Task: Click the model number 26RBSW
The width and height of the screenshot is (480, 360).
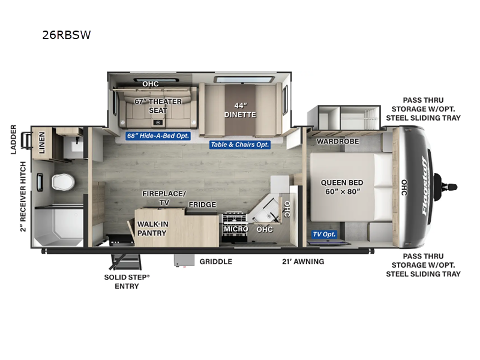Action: (x=67, y=34)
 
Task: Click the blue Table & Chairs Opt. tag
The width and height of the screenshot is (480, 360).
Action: (x=240, y=145)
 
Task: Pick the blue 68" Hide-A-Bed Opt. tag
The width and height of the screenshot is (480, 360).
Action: (x=158, y=136)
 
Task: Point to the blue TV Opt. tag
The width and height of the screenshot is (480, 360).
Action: (x=325, y=234)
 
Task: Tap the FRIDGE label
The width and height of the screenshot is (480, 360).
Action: (x=202, y=205)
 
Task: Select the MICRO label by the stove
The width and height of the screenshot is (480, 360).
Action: (x=236, y=229)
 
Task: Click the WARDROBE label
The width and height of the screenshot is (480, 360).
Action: (x=337, y=142)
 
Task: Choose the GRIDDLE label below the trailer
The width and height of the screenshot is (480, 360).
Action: (x=216, y=262)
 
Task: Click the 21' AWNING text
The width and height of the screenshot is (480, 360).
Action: (x=304, y=262)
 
